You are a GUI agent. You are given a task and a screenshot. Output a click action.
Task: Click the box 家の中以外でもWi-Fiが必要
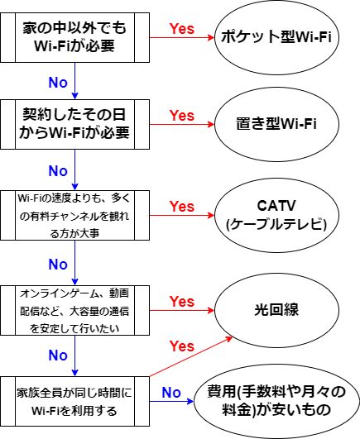74,37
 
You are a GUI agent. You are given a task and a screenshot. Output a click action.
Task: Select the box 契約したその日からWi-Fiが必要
74,124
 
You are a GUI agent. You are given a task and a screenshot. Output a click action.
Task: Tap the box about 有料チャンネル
74,215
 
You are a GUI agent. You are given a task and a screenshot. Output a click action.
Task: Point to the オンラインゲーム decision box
74,311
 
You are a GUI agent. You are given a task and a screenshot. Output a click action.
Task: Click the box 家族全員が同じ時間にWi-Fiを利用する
74,402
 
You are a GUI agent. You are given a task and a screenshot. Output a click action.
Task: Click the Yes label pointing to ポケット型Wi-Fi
182,29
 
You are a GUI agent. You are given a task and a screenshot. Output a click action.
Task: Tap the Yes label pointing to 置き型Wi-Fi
182,116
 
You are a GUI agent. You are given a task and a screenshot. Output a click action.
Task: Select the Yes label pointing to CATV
182,207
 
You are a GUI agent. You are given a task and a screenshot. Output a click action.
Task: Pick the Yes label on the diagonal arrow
182,346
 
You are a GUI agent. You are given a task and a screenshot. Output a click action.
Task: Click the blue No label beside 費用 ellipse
171,393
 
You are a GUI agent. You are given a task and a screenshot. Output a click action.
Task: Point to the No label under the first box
58,83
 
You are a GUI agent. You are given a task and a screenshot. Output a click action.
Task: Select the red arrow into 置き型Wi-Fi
182,124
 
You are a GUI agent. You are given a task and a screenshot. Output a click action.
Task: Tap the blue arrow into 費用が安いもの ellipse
171,402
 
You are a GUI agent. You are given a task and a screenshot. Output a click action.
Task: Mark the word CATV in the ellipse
276,206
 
